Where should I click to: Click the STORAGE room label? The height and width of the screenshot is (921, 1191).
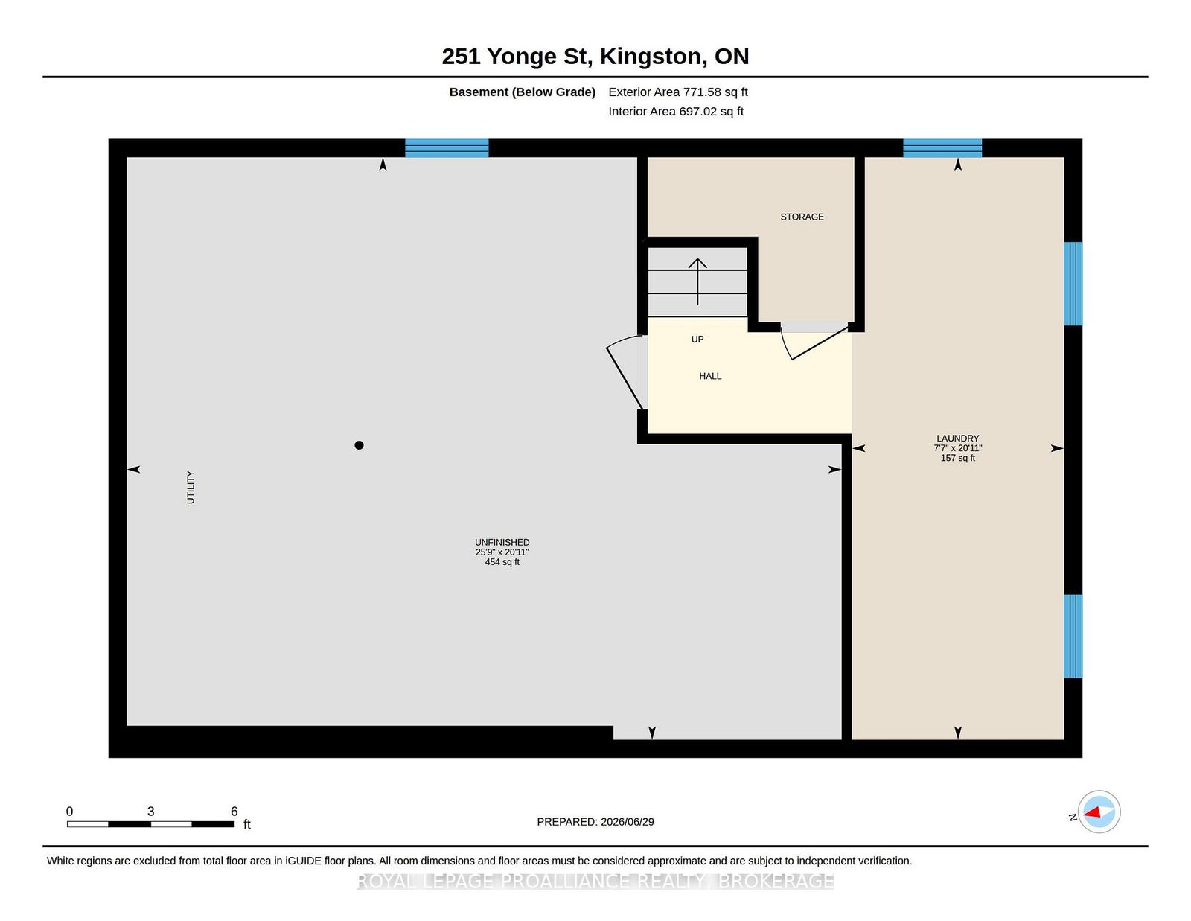pyautogui.click(x=802, y=217)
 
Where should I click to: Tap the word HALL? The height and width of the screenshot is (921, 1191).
pyautogui.click(x=710, y=376)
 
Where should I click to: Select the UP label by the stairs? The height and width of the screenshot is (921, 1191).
pyautogui.click(x=697, y=340)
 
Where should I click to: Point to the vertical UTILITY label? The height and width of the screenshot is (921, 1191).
pyautogui.click(x=191, y=488)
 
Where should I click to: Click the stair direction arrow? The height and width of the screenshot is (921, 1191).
pyautogui.click(x=697, y=281)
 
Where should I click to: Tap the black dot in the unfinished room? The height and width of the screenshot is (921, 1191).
pyautogui.click(x=359, y=445)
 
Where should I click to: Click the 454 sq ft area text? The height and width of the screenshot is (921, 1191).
pyautogui.click(x=502, y=562)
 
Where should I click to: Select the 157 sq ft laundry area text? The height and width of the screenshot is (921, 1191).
pyautogui.click(x=957, y=458)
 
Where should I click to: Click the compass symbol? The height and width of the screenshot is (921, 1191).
pyautogui.click(x=1099, y=812)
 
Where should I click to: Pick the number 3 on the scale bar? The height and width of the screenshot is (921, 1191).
pyautogui.click(x=150, y=811)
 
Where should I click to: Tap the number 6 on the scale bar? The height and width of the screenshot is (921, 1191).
pyautogui.click(x=234, y=811)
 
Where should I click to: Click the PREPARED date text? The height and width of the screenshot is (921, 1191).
pyautogui.click(x=595, y=822)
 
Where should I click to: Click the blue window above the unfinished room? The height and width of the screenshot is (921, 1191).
pyautogui.click(x=447, y=148)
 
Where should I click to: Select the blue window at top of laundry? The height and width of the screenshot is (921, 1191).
pyautogui.click(x=942, y=148)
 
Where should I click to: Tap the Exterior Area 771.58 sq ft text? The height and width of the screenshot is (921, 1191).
pyautogui.click(x=678, y=92)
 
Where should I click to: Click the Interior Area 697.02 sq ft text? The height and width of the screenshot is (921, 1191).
pyautogui.click(x=676, y=111)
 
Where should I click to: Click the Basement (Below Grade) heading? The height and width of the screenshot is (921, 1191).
pyautogui.click(x=523, y=92)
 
